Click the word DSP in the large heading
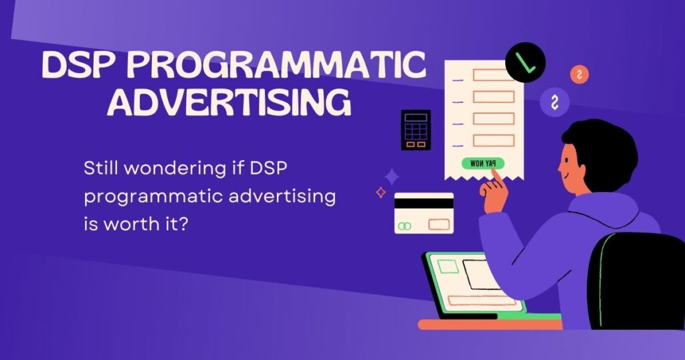tap(80, 66)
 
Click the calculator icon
tap(415, 130)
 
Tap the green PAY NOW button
tap(482, 163)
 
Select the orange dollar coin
tap(579, 75)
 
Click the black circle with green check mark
tap(525, 62)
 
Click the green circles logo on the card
tap(403, 226)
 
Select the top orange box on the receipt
tap(493, 75)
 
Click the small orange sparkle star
tap(381, 193)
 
